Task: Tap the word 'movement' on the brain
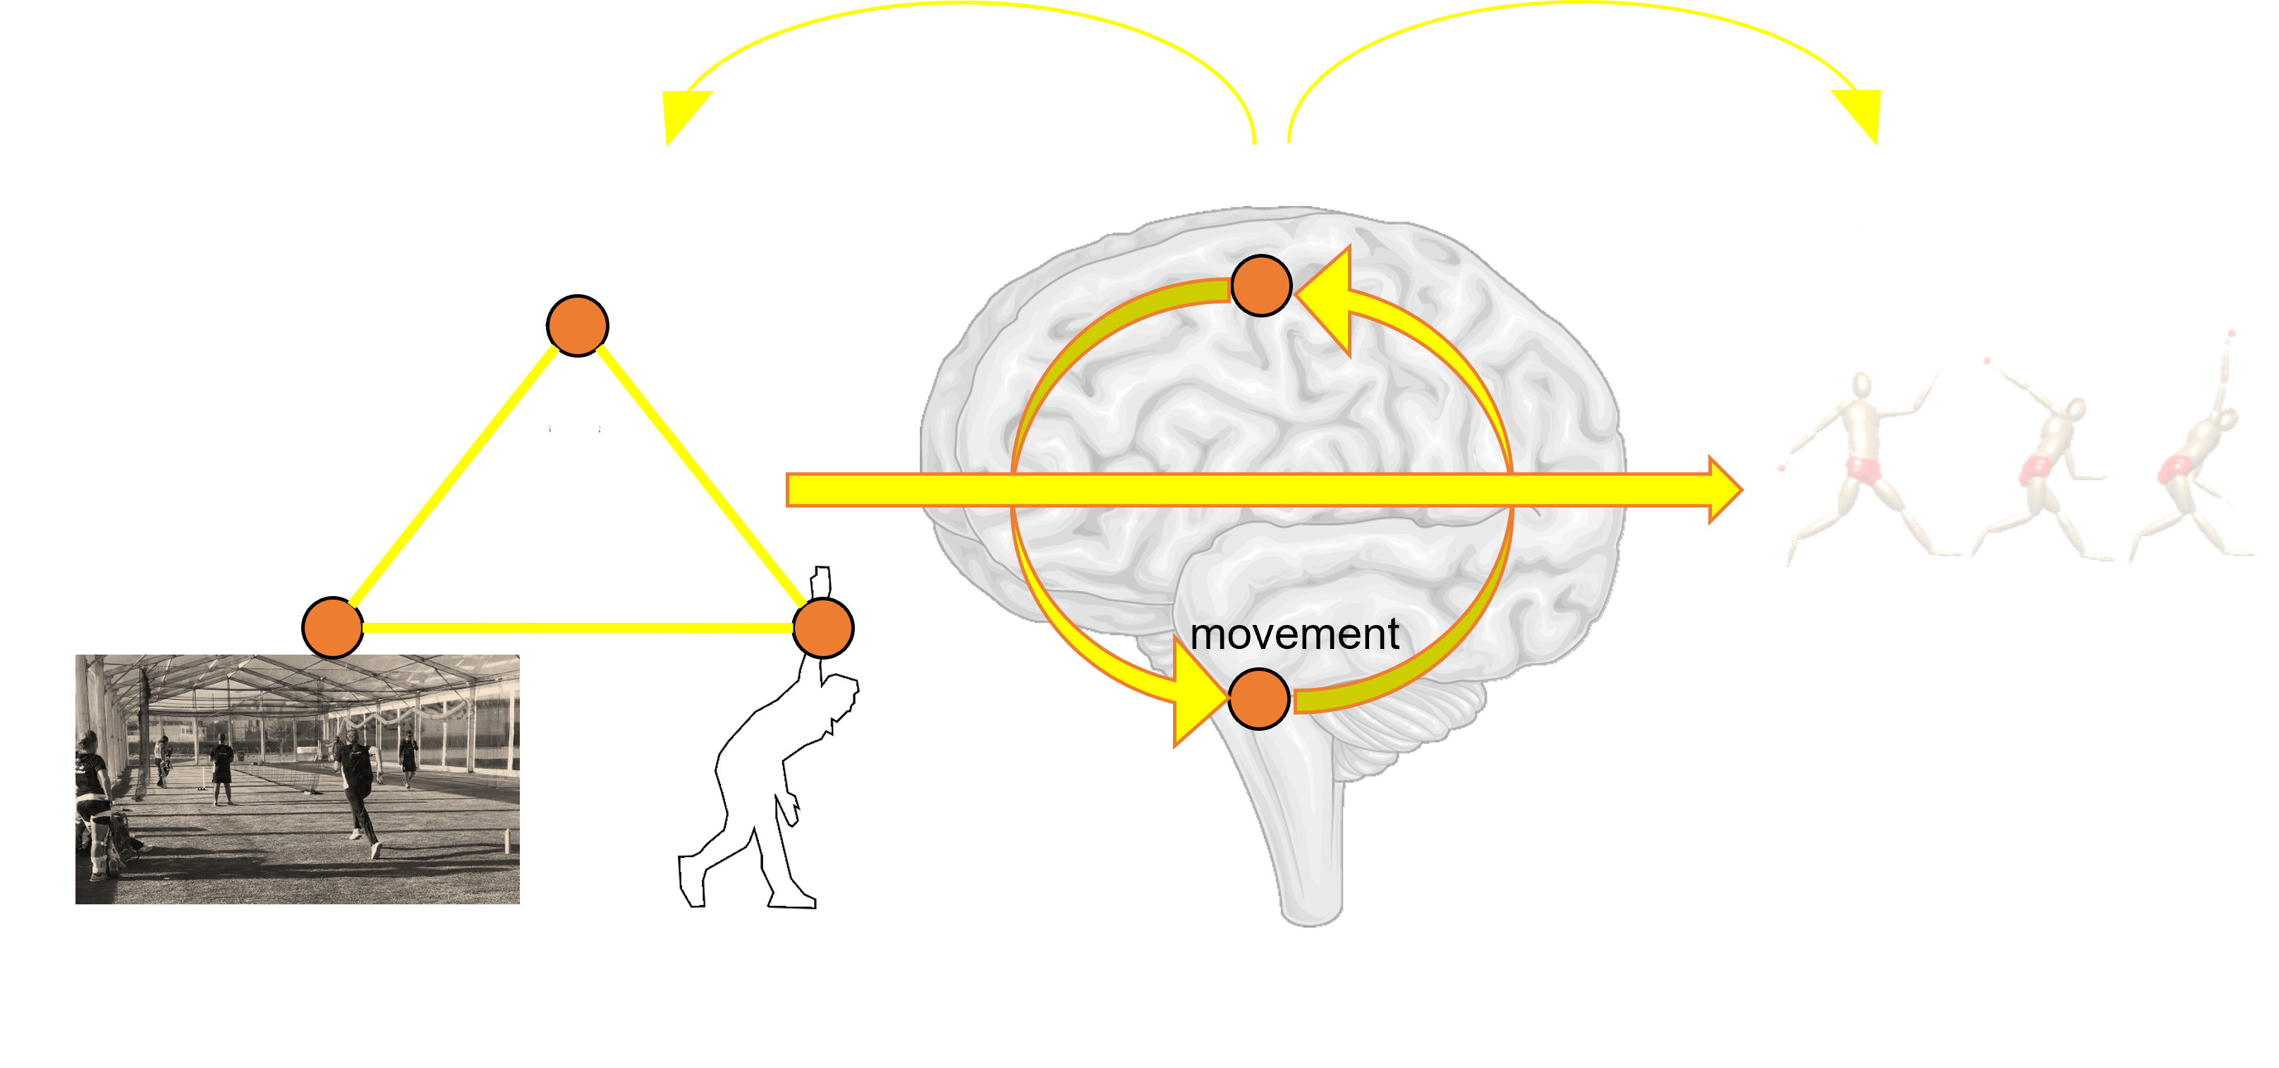coord(1294,633)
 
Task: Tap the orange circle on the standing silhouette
coord(577,326)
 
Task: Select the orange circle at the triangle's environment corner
coord(333,629)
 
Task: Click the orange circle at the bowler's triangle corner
coord(822,629)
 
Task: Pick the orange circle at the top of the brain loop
coord(1262,285)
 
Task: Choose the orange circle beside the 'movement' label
coord(1260,698)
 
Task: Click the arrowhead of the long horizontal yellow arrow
coord(1725,490)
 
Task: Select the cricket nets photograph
coord(297,779)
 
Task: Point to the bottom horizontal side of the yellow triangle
coord(577,629)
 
